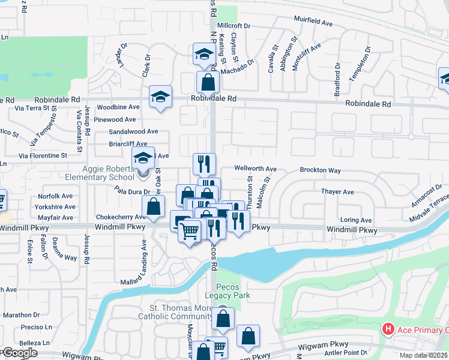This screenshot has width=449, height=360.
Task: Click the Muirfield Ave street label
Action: [x=313, y=22]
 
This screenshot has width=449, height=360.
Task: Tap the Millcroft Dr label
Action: [x=234, y=26]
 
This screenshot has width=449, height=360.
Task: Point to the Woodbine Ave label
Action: [x=118, y=107]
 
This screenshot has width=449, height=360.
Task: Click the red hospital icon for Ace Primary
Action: [x=388, y=329]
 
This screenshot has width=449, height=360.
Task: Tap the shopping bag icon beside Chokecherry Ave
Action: [x=154, y=206]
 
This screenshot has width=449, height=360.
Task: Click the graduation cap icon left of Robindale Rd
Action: [x=160, y=96]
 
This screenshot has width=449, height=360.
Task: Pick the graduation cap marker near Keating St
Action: [x=204, y=54]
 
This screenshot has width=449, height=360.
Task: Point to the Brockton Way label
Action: [x=321, y=170]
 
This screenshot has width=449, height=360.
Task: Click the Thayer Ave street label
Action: [x=337, y=192]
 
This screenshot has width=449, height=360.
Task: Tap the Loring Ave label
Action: [x=356, y=220]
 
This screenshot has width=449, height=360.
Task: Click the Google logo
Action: [x=19, y=353]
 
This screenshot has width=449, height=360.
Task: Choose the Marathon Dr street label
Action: [x=21, y=314]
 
